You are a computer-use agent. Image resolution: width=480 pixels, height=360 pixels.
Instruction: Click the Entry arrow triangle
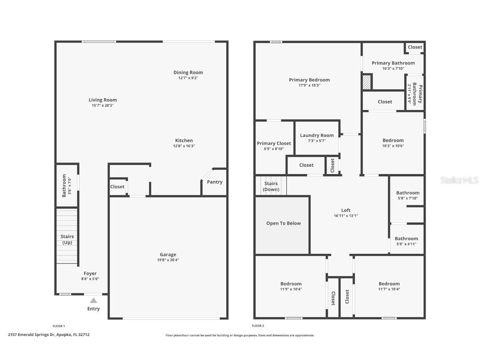click(94, 300)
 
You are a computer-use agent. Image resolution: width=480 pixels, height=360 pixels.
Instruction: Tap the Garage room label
click(168, 255)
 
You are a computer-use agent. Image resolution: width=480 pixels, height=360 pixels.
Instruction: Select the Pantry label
click(215, 182)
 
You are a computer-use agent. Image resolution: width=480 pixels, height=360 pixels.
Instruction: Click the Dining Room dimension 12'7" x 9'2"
click(188, 78)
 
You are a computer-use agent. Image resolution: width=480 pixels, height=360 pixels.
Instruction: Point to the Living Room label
click(102, 100)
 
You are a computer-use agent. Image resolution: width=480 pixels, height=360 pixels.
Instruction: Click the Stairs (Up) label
click(67, 240)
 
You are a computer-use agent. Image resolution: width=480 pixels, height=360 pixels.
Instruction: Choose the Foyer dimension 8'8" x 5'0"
click(90, 279)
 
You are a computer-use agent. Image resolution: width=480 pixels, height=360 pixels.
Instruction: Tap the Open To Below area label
click(283, 223)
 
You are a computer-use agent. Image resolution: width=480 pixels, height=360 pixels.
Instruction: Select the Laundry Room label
click(317, 135)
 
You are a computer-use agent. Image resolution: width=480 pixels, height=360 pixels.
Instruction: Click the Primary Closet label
click(274, 143)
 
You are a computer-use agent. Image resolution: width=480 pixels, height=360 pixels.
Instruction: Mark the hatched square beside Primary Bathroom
click(367, 81)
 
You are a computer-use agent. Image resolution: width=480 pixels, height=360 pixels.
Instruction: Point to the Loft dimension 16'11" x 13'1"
click(346, 216)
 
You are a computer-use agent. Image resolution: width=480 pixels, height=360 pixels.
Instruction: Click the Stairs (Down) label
click(271, 186)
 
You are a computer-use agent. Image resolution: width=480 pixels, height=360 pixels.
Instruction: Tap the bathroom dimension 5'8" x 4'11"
click(406, 244)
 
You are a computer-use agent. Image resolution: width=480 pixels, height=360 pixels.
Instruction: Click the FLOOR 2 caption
click(258, 326)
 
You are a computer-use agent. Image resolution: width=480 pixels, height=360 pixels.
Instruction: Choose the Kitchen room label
click(184, 140)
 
